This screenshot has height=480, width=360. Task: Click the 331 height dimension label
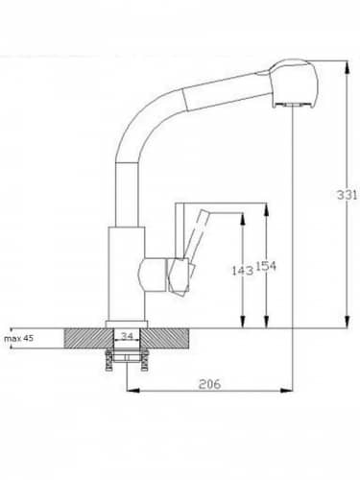[347, 194]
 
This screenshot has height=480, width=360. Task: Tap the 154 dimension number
[266, 266]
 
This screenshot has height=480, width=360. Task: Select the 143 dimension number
[243, 271]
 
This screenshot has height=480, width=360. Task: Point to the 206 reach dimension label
[210, 383]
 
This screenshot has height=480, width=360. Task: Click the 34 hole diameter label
[127, 336]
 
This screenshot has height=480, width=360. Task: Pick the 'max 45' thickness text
[18, 338]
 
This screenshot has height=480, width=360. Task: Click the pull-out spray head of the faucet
[295, 84]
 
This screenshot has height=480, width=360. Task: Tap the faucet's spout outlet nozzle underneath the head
[292, 106]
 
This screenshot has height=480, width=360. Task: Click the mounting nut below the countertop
[128, 359]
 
